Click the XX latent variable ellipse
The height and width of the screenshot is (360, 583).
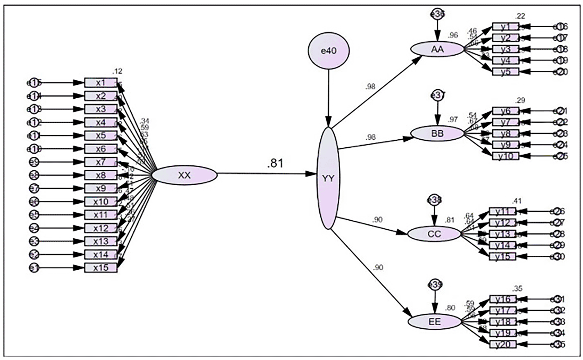[184, 175]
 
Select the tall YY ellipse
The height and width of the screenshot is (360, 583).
[328, 178]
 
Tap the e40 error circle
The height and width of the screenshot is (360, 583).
[328, 51]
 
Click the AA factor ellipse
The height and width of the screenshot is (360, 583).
[437, 49]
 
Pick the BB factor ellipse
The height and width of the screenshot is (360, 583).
[437, 133]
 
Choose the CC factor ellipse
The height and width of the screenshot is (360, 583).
[434, 234]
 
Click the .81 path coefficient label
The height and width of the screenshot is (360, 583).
[275, 163]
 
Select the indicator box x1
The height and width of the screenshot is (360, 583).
[100, 83]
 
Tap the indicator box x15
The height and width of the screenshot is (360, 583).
[100, 268]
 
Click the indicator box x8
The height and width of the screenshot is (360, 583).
[100, 175]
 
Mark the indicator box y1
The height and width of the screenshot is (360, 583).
[505, 27]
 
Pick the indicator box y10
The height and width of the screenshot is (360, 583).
[505, 156]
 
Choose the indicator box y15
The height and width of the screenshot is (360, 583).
[502, 256]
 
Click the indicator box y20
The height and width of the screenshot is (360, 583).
[503, 344]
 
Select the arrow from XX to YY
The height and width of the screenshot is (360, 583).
[266, 174]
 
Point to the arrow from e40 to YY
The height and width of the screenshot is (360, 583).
[328, 98]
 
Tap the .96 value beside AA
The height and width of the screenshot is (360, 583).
[453, 35]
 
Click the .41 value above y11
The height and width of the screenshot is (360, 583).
[517, 201]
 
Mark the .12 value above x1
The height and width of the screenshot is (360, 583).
[118, 71]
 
